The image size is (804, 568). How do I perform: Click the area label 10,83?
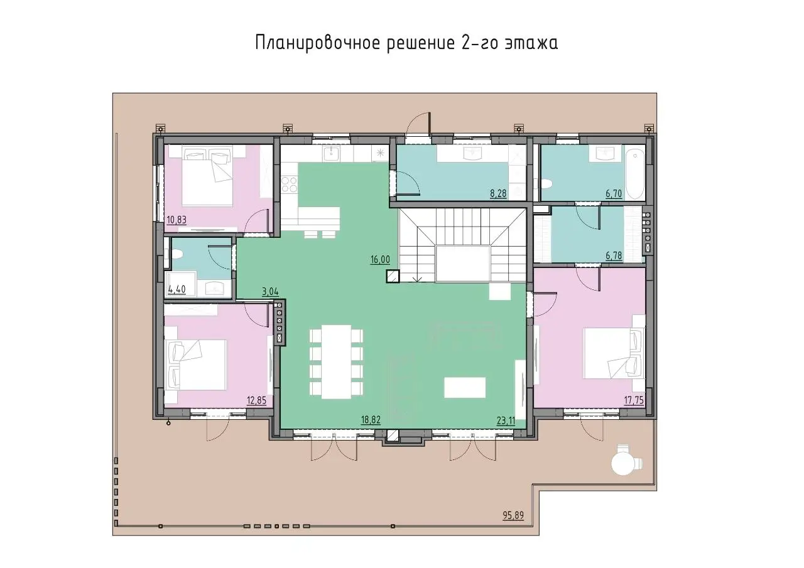[177, 220]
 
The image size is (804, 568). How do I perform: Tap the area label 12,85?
[257, 400]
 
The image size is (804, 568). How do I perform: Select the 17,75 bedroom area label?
[634, 400]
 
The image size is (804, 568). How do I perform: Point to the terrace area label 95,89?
[513, 516]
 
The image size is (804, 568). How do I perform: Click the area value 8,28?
[499, 194]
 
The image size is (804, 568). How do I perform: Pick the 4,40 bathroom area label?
[177, 289]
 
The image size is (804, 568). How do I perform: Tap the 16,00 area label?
[380, 260]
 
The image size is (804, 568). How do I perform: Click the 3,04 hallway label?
[270, 291]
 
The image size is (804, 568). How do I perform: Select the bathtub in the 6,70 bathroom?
[635, 174]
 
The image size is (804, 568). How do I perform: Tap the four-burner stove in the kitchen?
[290, 185]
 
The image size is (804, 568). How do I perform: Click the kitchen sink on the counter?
[332, 154]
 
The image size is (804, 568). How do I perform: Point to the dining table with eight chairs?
[336, 362]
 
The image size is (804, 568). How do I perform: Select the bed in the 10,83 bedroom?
[208, 176]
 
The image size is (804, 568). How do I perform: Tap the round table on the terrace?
[622, 464]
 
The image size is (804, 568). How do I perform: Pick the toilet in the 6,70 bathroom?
[546, 184]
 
